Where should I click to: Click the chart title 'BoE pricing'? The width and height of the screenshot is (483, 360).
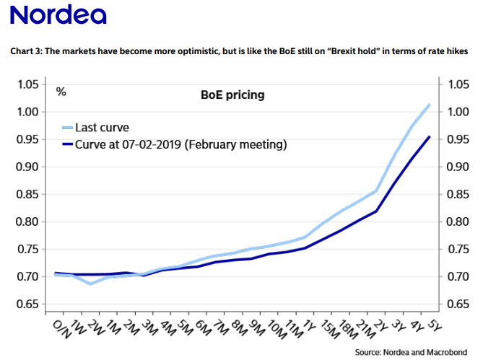pyautogui.click(x=232, y=95)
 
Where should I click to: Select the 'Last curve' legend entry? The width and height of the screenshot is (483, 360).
pyautogui.click(x=105, y=128)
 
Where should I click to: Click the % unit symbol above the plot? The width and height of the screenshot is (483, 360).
pyautogui.click(x=61, y=92)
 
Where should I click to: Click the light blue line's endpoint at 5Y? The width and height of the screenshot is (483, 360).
pyautogui.click(x=430, y=105)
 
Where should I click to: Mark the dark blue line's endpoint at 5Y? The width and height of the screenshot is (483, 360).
pyautogui.click(x=430, y=136)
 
